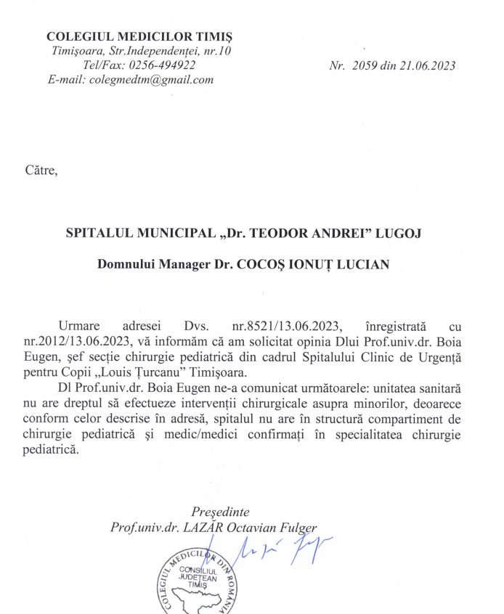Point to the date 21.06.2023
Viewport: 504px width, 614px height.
click(428, 65)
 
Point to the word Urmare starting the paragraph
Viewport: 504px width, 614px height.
click(81, 329)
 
